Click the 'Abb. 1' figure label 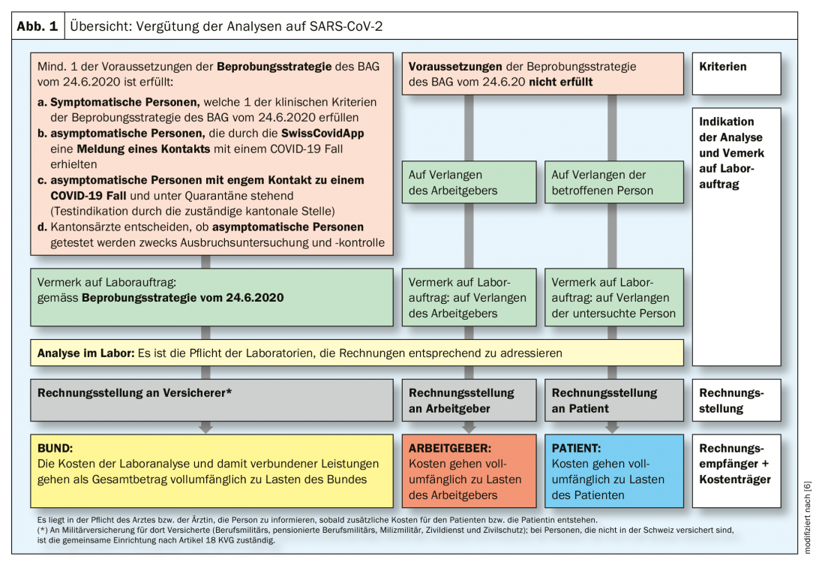[37, 26]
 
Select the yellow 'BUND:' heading [55, 448]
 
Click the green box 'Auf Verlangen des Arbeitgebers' [469, 182]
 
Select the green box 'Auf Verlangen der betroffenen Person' [612, 182]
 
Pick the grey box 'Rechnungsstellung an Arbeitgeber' [469, 400]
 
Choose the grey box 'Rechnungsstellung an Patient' [612, 400]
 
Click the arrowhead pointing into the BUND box [205, 428]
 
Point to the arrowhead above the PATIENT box [612, 428]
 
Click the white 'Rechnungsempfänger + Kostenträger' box [735, 464]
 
